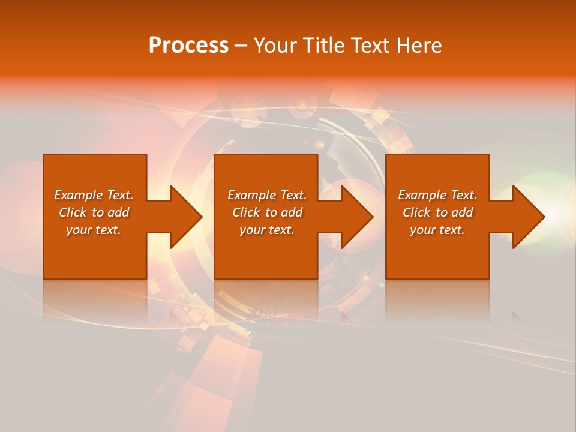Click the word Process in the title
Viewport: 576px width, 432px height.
pos(188,46)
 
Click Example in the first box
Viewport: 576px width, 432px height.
pos(79,195)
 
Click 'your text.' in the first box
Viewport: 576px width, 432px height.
pos(94,230)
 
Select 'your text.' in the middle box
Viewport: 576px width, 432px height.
pos(267,230)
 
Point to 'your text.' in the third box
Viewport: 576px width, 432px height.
pos(437,230)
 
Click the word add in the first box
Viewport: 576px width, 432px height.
pos(118,212)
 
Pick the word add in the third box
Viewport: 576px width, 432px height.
pos(462,212)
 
